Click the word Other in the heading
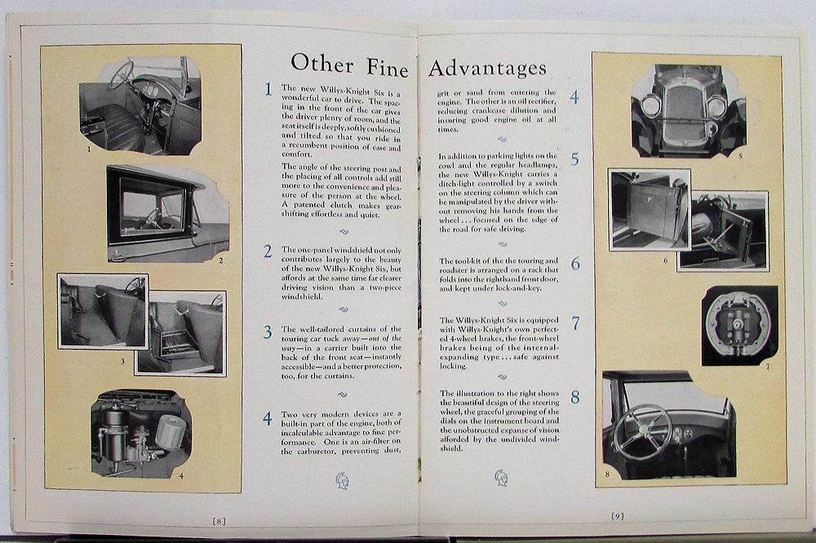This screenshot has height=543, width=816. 322,64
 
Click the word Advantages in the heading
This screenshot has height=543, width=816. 488,68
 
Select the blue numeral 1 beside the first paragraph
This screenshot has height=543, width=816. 268,89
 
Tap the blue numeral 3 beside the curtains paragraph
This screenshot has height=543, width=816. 268,332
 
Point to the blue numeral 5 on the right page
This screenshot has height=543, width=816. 574,158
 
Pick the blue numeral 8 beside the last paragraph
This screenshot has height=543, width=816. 575,397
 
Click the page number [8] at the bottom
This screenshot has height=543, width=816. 219,520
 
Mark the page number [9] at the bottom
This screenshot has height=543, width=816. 617,516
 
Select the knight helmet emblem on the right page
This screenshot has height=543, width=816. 501,478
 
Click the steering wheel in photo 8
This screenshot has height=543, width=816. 641,432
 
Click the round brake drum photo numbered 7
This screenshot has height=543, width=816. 739,325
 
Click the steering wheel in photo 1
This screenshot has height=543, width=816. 121,74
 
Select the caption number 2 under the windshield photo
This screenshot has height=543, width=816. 220,260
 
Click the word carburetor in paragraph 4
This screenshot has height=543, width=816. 311,452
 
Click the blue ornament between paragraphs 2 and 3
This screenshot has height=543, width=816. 343,309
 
